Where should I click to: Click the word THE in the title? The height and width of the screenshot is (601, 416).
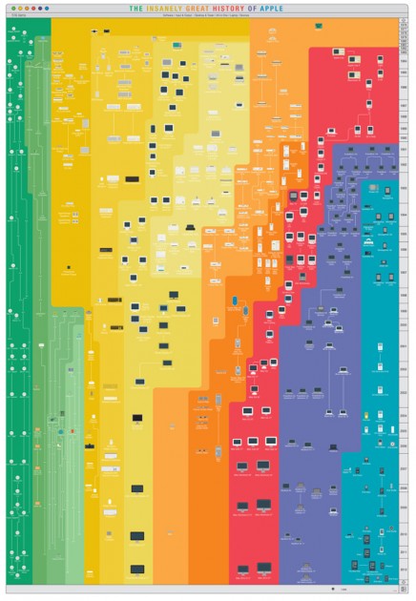137,9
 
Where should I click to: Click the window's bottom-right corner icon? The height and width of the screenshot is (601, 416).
405,590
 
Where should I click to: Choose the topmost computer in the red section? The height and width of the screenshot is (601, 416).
339,49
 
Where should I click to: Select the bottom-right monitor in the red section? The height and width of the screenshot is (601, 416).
263,569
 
